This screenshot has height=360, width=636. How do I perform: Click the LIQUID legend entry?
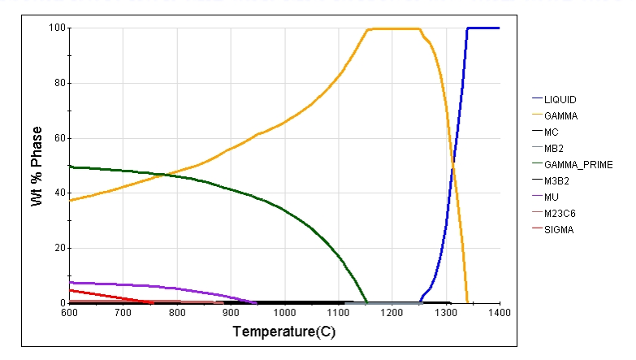click(x=560, y=99)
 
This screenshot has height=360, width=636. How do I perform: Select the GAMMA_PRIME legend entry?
click(x=572, y=164)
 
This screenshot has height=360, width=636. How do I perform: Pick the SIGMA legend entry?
click(x=559, y=230)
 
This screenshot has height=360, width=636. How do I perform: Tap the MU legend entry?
click(x=552, y=197)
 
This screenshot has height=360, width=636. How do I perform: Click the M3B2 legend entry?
click(x=557, y=180)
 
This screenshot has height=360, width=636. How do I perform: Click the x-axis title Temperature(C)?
click(x=283, y=332)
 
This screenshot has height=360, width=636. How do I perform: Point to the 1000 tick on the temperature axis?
click(x=284, y=312)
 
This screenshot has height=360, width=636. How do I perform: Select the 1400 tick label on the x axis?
click(x=499, y=312)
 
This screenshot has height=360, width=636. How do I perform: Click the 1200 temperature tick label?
click(x=392, y=312)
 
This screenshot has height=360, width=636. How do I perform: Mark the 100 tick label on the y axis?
click(x=57, y=28)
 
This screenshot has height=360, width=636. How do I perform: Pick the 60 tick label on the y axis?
click(x=59, y=138)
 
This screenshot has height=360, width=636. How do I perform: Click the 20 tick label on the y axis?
click(x=59, y=248)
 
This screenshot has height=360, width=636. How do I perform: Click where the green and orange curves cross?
click(x=162, y=174)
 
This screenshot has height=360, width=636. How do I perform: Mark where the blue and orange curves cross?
click(x=452, y=165)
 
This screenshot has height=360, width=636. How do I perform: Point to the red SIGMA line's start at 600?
click(x=71, y=290)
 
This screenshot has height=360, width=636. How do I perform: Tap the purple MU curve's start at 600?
click(x=71, y=282)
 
